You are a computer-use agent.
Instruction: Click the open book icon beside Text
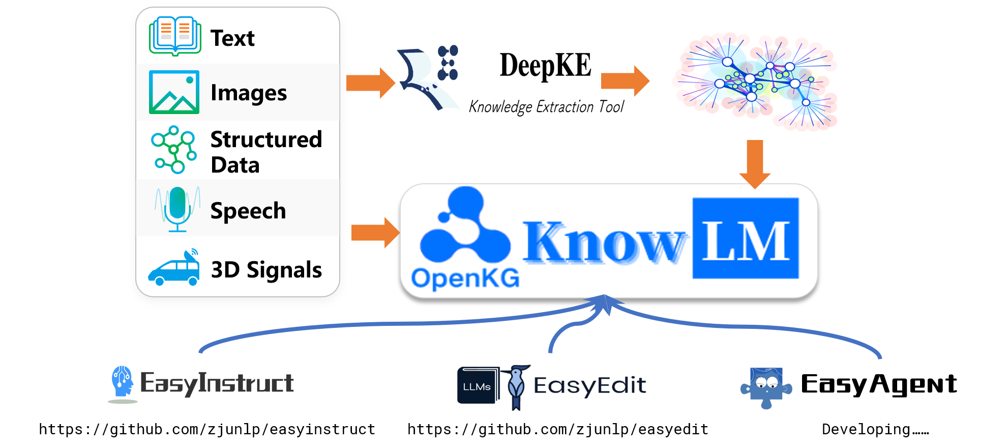tap(175, 36)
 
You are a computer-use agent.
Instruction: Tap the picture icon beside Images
tap(174, 92)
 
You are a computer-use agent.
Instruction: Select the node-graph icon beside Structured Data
tap(174, 149)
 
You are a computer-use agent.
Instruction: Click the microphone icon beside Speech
tap(177, 209)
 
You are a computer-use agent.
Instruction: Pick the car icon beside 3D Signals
tap(174, 268)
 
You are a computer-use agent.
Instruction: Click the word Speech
tap(248, 211)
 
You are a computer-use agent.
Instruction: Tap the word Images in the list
tap(249, 93)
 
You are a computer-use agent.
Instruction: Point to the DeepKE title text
tap(545, 66)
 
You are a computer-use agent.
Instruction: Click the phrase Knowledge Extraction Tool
tap(546, 106)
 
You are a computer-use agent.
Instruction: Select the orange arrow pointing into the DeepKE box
tap(370, 82)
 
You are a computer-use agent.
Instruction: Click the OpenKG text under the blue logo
tap(465, 278)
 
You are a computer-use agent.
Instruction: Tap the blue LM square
tap(746, 238)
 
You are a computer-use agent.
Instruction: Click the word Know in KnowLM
tap(605, 242)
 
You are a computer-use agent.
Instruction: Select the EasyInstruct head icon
tap(123, 382)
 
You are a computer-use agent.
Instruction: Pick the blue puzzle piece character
tap(766, 388)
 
